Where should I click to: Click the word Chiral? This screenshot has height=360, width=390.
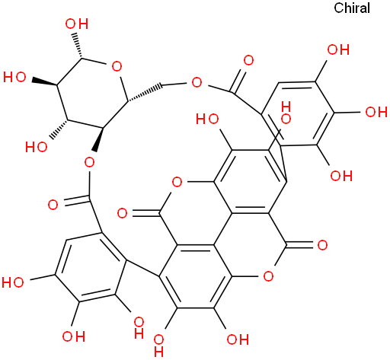click(352, 8)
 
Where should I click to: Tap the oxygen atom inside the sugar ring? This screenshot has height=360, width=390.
click(117, 67)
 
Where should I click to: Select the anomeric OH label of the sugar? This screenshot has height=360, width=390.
click(77, 24)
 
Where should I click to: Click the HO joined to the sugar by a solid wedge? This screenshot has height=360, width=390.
click(14, 77)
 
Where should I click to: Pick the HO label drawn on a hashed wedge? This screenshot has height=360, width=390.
click(37, 147)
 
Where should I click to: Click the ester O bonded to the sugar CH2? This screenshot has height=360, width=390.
click(197, 82)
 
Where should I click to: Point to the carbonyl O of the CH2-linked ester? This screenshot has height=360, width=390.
click(248, 61)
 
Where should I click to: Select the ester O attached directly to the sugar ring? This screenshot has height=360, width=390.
click(89, 162)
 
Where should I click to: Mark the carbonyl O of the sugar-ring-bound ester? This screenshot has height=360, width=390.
click(53, 205)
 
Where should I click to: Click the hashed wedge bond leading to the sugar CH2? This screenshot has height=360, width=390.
click(145, 93)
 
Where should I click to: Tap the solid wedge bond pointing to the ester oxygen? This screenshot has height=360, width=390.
click(99, 140)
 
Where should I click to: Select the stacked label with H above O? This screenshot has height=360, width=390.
click(286, 113)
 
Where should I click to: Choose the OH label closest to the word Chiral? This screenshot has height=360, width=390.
click(338, 49)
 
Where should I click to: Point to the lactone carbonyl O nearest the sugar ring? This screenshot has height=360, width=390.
click(122, 213)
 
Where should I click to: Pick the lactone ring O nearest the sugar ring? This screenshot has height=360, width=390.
click(177, 182)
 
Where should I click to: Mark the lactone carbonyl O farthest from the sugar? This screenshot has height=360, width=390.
click(322, 245)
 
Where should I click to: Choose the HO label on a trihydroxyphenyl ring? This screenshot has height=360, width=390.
click(13, 282)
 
